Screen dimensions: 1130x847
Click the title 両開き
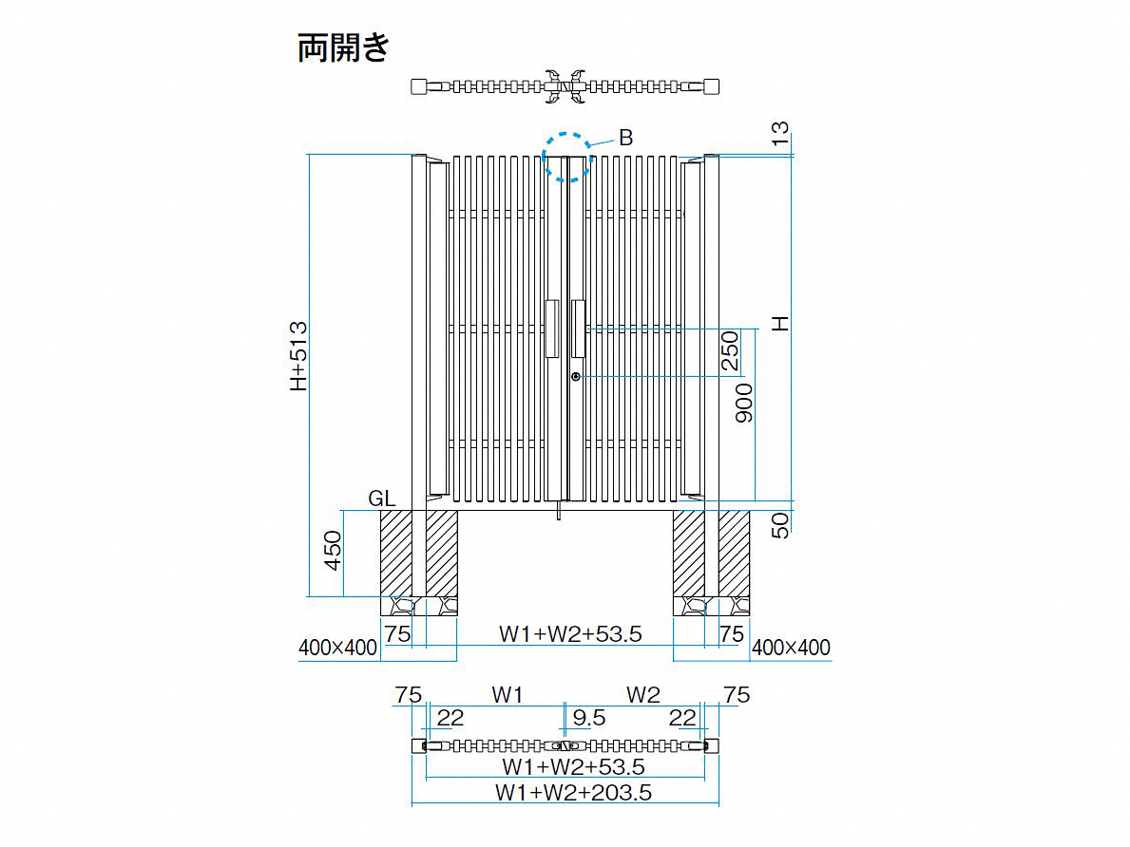coord(343,47)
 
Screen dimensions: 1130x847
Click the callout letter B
coord(625,138)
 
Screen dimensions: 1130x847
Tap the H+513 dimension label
coord(298,356)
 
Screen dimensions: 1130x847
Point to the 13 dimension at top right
coord(780,133)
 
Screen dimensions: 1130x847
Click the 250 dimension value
coord(730,350)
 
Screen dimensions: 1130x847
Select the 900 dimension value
coord(744,404)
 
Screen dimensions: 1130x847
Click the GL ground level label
coord(381,499)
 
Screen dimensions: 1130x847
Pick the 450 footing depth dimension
coord(333,550)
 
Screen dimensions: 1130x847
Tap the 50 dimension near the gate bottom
coord(780,525)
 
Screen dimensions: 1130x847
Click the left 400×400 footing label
coord(338,648)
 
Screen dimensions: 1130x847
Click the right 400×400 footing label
coord(791,648)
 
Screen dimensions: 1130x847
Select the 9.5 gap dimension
coord(589,717)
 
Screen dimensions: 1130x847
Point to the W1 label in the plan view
coord(508,695)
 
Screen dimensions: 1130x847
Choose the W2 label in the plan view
coord(642,695)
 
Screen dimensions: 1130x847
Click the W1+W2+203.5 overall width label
coord(574,792)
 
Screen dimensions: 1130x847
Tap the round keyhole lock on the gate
coord(576,377)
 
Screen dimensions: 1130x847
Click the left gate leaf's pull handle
coord(552,329)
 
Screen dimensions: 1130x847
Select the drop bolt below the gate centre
coord(559,511)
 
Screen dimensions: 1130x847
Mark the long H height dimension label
coord(780,324)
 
